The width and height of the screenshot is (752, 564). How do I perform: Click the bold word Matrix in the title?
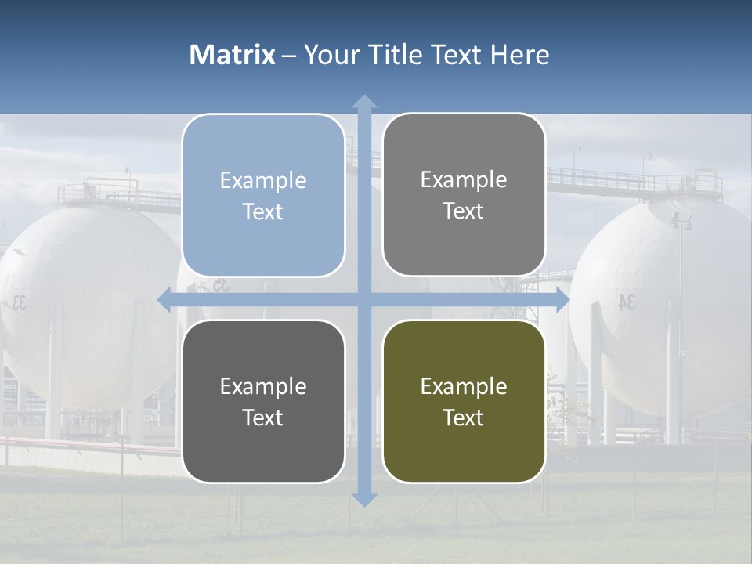(232, 55)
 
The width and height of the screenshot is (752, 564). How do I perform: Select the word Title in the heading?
(394, 55)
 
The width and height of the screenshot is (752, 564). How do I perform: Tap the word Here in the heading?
(520, 55)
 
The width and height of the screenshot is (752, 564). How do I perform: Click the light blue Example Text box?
(263, 195)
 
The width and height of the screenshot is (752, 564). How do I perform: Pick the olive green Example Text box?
(464, 401)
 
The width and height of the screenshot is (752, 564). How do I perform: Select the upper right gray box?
(464, 195)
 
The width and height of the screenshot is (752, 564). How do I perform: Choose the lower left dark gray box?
(263, 401)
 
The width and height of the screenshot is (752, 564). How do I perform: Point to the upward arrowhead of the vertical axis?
(364, 102)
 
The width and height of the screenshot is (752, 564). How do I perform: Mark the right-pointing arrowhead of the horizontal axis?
(562, 300)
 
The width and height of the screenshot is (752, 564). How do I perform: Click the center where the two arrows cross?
(364, 300)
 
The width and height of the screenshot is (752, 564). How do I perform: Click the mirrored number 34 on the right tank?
(627, 302)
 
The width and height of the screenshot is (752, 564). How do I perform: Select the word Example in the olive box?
(464, 386)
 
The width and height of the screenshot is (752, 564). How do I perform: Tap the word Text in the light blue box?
(263, 211)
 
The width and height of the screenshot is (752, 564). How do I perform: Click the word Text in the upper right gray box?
(464, 211)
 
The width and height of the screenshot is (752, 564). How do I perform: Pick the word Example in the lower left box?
(263, 386)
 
